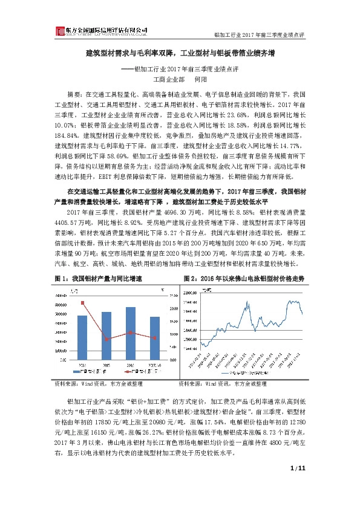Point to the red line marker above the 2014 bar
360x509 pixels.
coord(82,302)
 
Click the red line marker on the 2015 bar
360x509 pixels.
coord(106,339)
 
